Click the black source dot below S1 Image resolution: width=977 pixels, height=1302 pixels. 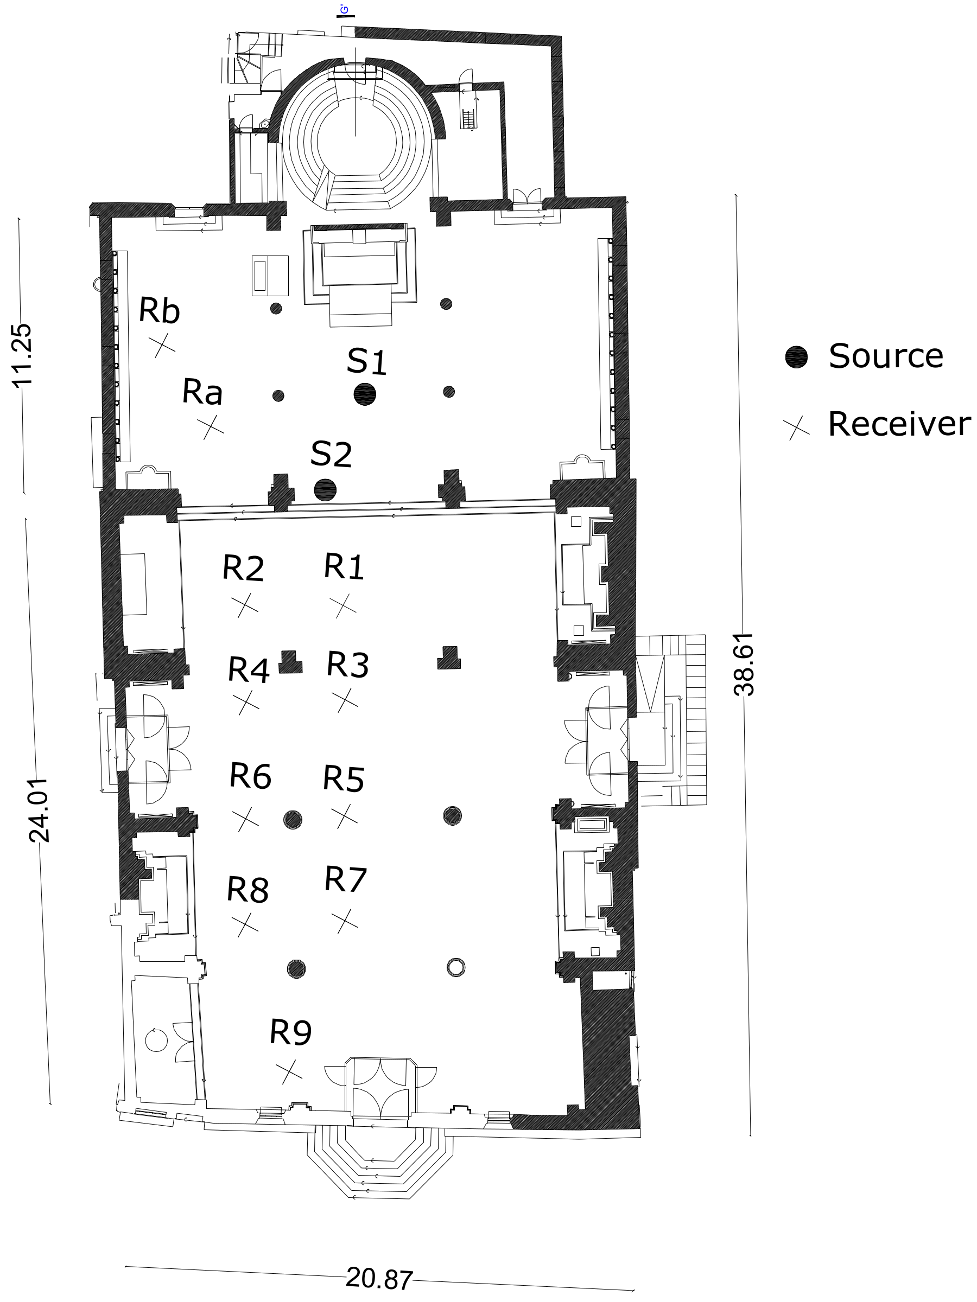pyautogui.click(x=365, y=394)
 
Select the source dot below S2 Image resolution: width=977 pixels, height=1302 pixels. pyautogui.click(x=325, y=489)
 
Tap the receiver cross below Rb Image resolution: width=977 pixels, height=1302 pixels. pyautogui.click(x=164, y=346)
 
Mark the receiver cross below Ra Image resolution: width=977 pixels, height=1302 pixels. pyautogui.click(x=210, y=427)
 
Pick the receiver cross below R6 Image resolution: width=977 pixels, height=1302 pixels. pyautogui.click(x=245, y=819)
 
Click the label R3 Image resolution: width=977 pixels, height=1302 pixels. pyautogui.click(x=347, y=664)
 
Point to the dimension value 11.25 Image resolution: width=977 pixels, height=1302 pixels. pyautogui.click(x=22, y=355)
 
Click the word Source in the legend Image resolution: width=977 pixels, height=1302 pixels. pyautogui.click(x=885, y=355)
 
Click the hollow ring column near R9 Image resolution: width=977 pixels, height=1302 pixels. pyautogui.click(x=456, y=967)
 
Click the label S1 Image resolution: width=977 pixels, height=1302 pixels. pyautogui.click(x=366, y=361)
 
